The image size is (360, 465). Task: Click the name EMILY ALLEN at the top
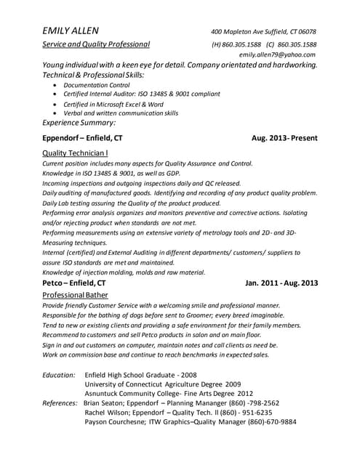pos(70,31)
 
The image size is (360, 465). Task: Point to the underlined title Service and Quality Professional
pos(96,44)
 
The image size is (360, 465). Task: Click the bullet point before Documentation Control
pos(57,85)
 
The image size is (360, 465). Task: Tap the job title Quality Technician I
pos(76,153)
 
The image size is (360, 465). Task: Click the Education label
pos(59,375)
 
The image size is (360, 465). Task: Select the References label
pos(60,403)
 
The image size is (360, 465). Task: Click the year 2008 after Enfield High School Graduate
pos(189,375)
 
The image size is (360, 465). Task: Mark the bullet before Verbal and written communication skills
pos(57,113)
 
